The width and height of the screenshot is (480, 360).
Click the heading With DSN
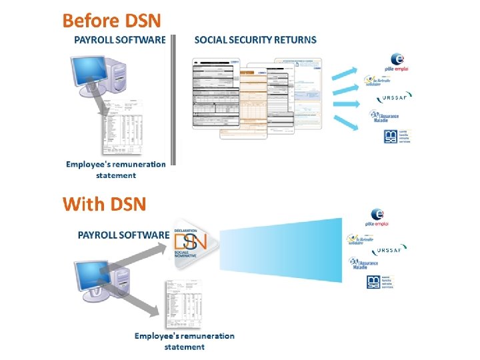click(x=104, y=203)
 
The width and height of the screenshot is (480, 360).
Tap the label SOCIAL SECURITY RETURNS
click(x=255, y=40)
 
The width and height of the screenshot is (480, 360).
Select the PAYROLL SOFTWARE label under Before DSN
click(x=119, y=40)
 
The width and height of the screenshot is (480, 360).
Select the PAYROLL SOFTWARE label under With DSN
click(x=123, y=235)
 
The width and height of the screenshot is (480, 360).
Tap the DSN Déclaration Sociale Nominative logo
click(x=191, y=243)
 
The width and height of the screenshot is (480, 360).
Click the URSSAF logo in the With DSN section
click(x=389, y=249)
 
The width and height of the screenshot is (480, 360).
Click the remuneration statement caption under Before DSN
click(x=115, y=169)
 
